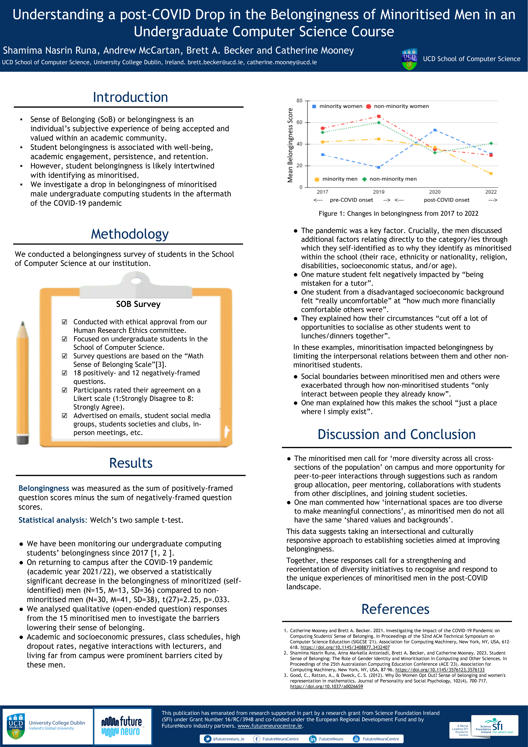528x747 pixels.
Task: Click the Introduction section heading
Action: point(130,97)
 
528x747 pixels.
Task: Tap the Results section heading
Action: point(131,463)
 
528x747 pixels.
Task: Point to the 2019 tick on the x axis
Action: point(378,192)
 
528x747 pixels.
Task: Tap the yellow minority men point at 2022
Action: point(491,173)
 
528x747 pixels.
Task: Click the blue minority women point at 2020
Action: point(435,130)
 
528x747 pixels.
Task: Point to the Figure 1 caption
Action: point(398,213)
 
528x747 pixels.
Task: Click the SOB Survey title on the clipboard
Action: point(138,304)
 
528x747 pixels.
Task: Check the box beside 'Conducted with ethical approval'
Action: point(64,322)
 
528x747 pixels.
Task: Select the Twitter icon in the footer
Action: point(207,739)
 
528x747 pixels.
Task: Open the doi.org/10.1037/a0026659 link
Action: point(326,687)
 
